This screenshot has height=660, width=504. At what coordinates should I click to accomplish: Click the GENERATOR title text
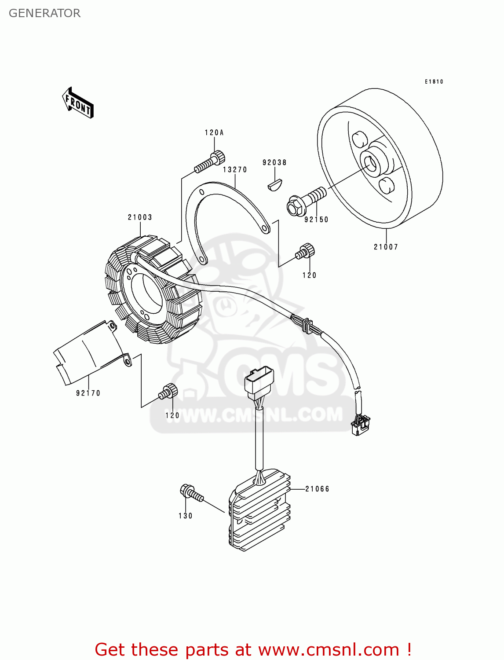[44, 13]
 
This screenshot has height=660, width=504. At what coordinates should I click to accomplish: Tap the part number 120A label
[214, 132]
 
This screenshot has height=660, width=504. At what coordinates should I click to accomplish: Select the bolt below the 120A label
[209, 162]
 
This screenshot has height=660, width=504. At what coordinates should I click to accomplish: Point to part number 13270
[235, 169]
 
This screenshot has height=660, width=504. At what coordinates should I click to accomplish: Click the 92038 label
[274, 162]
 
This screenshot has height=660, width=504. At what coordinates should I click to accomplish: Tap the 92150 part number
[316, 220]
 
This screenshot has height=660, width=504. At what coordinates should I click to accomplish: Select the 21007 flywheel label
[386, 247]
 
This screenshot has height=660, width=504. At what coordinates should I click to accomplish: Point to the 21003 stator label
[140, 217]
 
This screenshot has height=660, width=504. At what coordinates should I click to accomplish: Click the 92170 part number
[88, 393]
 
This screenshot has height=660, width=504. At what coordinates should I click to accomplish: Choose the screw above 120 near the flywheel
[305, 251]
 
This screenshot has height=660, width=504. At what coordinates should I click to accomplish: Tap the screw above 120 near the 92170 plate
[168, 391]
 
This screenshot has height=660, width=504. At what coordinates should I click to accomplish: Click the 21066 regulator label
[317, 489]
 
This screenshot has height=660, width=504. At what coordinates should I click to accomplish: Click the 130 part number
[185, 516]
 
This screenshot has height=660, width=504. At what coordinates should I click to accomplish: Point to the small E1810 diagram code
[434, 81]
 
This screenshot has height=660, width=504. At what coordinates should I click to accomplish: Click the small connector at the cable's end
[361, 425]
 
